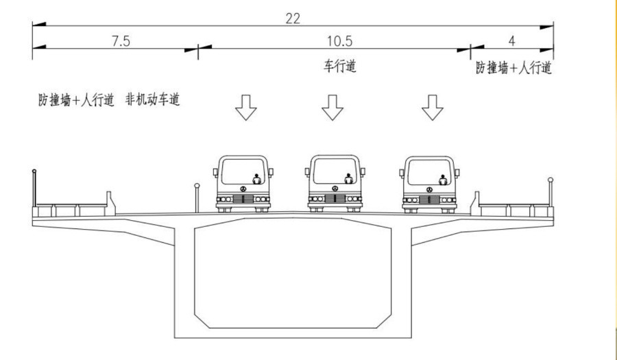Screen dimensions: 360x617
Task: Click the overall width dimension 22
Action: (293, 19)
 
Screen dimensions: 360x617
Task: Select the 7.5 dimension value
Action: (121, 40)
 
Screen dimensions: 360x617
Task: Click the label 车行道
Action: (340, 67)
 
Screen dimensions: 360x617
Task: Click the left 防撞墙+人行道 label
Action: (75, 100)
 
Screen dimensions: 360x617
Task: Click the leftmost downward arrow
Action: (245, 107)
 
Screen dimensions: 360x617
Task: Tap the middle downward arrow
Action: (333, 107)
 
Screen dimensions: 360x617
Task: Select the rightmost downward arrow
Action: (432, 107)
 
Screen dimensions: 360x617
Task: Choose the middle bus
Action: (335, 182)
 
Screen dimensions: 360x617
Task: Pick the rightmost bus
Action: (430, 183)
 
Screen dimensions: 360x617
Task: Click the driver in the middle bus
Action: (348, 180)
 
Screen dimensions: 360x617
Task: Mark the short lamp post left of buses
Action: (197, 196)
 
